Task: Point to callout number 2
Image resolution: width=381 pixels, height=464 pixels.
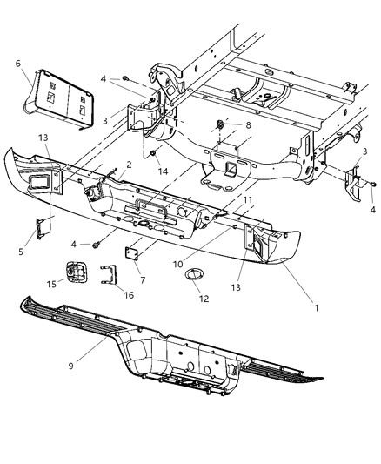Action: [129, 164]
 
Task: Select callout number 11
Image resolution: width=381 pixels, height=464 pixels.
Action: [247, 200]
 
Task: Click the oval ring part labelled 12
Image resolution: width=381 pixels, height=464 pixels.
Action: [192, 279]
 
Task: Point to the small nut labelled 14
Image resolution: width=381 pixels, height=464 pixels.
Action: [155, 156]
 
